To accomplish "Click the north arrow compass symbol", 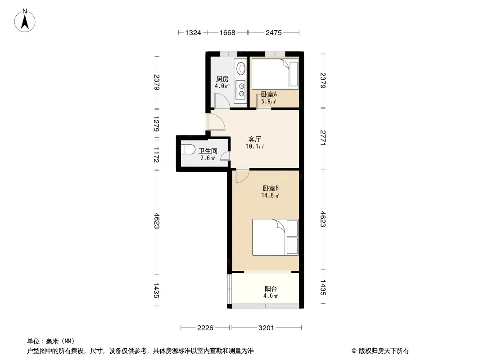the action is (25, 21).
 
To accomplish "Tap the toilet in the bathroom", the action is (188, 149).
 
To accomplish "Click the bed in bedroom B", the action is (275, 237).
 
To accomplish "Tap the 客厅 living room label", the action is (255, 139).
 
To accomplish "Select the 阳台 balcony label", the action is (271, 288).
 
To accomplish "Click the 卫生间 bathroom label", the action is (208, 151).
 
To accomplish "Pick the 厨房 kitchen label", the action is (222, 79).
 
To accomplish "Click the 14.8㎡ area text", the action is (270, 195).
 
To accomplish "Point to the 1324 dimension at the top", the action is (193, 33).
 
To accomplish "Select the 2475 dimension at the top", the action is (273, 33).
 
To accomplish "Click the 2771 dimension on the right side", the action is (323, 138).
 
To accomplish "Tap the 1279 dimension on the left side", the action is (156, 124).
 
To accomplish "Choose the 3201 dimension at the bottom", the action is (266, 328).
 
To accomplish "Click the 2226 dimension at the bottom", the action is (205, 328).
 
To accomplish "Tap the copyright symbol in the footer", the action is (354, 351).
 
